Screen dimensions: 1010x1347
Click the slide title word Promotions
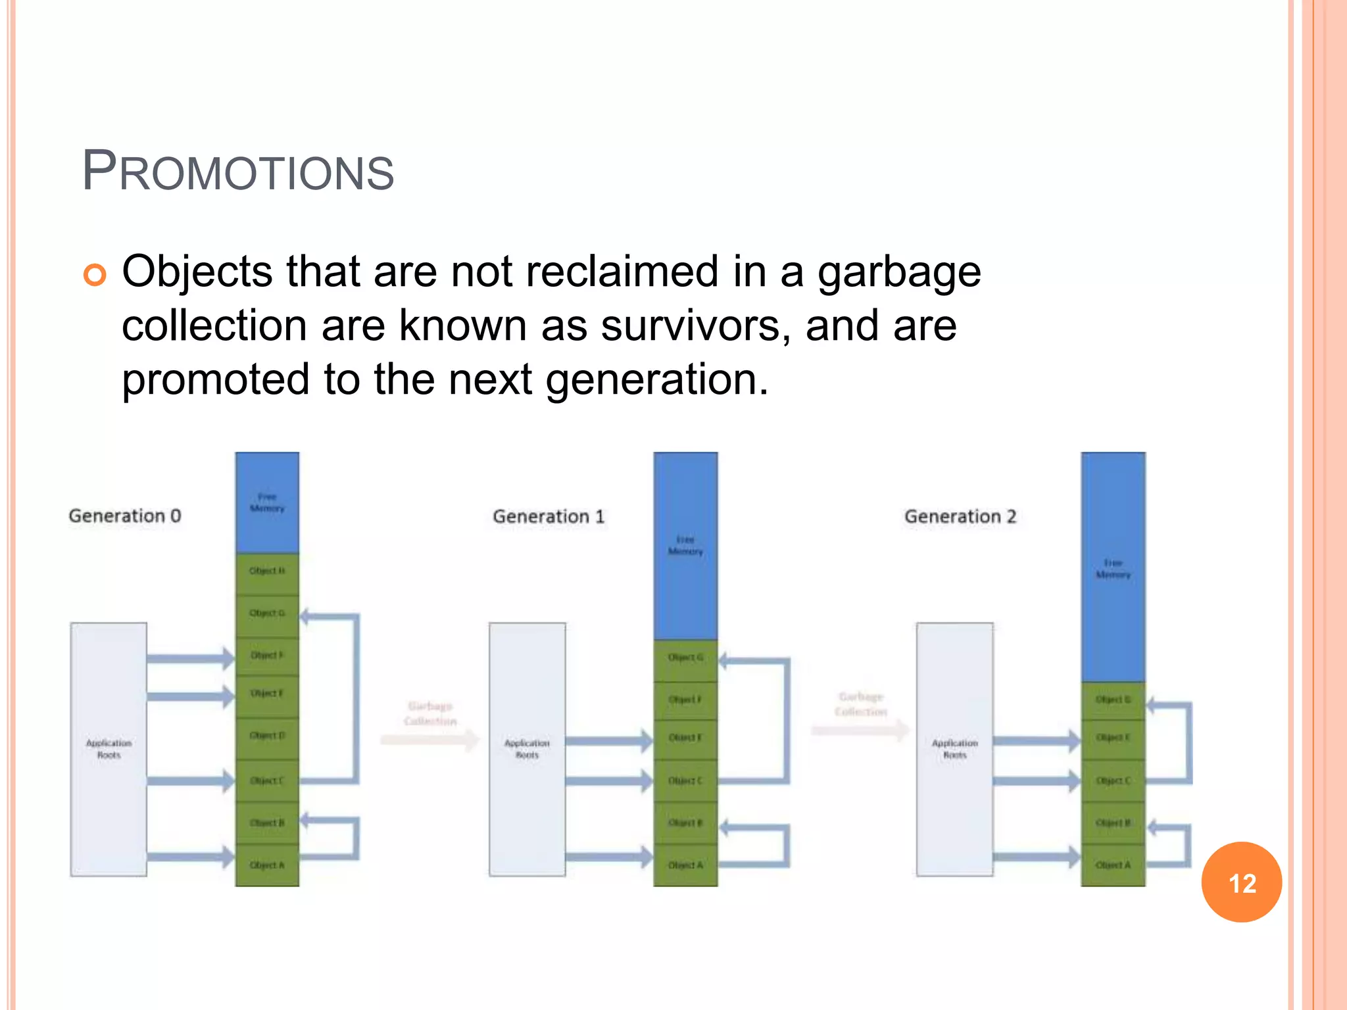tap(237, 172)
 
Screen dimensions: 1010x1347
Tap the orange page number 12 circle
tap(1241, 882)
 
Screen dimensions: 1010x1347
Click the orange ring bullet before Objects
tap(95, 274)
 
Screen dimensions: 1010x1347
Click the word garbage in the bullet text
tap(898, 273)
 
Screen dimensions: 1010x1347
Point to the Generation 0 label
tap(124, 516)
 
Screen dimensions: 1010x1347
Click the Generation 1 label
tap(548, 517)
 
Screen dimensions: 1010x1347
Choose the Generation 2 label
tap(960, 517)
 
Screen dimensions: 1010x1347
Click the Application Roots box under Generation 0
tap(109, 749)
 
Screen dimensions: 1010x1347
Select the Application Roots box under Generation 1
tap(527, 749)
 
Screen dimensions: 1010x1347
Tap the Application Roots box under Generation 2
tap(954, 749)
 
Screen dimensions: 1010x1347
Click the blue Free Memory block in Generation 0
tap(267, 502)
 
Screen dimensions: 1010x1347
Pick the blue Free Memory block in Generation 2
tap(1113, 567)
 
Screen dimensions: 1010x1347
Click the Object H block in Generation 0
tap(267, 571)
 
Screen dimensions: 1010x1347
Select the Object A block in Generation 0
tap(267, 865)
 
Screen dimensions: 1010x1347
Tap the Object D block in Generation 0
tap(267, 736)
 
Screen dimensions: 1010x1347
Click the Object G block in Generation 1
tap(685, 658)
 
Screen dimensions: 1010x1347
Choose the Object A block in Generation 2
tap(1113, 865)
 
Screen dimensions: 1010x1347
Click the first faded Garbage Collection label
tap(430, 713)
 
